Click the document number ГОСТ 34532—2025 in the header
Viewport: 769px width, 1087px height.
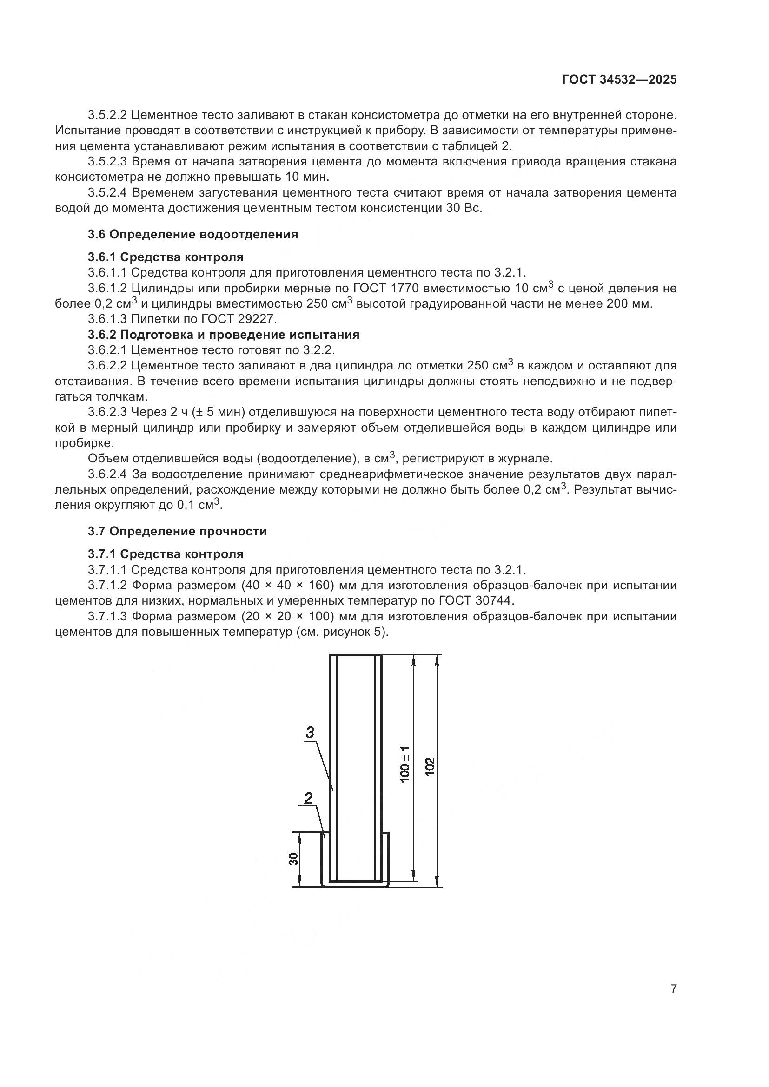coord(619,80)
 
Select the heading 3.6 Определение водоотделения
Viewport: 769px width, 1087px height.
coord(193,234)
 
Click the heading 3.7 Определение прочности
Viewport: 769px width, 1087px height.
coord(177,531)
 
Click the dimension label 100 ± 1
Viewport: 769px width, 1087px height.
coord(405,764)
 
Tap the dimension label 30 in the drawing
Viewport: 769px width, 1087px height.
coord(294,859)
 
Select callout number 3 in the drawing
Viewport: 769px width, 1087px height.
coord(310,733)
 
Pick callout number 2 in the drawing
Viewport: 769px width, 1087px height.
coord(308,798)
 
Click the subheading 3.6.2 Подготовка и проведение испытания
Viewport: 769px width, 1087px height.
coord(224,335)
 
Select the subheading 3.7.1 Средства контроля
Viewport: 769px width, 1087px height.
coord(166,554)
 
